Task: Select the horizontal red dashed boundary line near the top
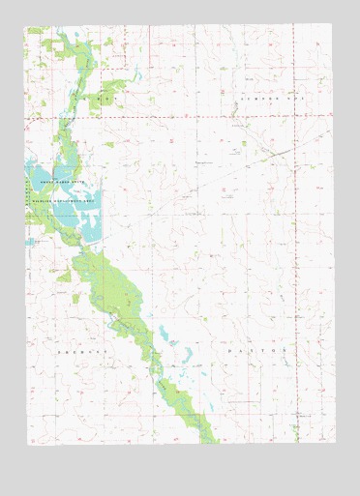tap(194, 117)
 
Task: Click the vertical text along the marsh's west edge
tap(30, 193)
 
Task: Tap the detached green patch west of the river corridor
tap(64, 277)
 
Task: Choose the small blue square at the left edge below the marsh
tap(29, 242)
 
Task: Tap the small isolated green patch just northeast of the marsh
tap(109, 145)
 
